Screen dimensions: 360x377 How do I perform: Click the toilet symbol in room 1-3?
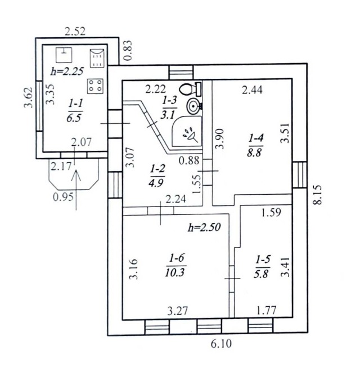(190, 89)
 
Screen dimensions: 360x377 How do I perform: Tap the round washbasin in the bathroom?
(193, 106)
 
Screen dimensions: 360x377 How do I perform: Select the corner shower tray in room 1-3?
(187, 132)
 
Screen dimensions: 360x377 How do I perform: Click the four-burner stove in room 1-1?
(95, 86)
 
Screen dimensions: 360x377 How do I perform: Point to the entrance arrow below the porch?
(76, 190)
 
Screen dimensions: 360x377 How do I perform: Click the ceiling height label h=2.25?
(67, 71)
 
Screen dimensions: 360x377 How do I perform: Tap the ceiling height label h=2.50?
(204, 227)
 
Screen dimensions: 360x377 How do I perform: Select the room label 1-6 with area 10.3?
(175, 266)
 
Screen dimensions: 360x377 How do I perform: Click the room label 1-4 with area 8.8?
(255, 145)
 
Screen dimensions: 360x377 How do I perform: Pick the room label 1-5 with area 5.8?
(263, 266)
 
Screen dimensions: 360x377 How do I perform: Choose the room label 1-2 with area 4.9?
(157, 176)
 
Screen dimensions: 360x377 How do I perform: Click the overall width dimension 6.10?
(221, 344)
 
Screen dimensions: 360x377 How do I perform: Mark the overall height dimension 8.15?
(317, 195)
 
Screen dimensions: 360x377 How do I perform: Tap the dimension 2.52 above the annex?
(75, 32)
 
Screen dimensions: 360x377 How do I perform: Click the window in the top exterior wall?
(181, 72)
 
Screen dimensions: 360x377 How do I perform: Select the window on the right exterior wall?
(300, 175)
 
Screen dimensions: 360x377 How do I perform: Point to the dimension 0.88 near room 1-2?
(189, 160)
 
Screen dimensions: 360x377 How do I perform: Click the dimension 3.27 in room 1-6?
(177, 311)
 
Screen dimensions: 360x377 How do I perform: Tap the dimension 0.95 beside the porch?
(63, 197)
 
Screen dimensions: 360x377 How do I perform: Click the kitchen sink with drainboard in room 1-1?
(97, 58)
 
